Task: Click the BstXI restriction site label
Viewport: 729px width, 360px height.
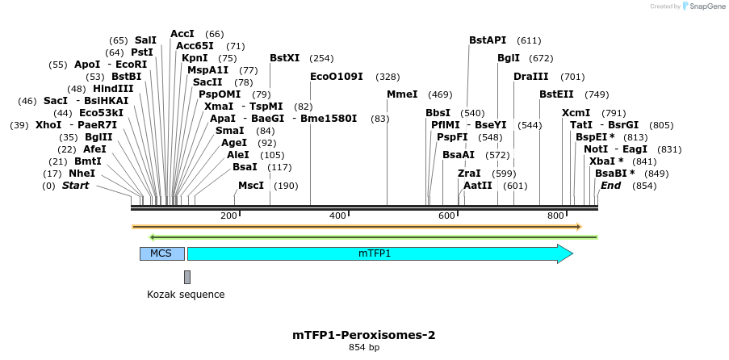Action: coord(284,58)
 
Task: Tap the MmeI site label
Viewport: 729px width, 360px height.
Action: coord(402,94)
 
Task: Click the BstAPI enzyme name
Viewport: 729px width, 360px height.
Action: coord(488,40)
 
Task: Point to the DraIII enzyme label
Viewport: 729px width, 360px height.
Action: coord(530,77)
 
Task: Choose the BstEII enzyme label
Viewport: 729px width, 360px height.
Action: coord(556,94)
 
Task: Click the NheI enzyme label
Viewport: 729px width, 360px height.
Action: coord(82,173)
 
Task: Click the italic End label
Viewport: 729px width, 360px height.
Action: coord(610,186)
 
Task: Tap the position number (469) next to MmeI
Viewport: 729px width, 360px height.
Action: coord(440,94)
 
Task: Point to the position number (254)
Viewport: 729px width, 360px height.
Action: coord(321,58)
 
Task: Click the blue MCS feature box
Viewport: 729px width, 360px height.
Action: coord(161,253)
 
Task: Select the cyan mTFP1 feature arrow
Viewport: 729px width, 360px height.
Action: coord(379,253)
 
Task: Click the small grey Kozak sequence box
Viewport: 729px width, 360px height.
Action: coord(187,277)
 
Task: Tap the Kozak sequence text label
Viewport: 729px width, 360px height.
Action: coord(186,295)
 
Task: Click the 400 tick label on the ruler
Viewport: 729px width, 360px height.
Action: coord(337,216)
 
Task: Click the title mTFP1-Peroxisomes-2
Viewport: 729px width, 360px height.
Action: coord(364,334)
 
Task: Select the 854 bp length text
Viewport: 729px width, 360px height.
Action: coord(364,348)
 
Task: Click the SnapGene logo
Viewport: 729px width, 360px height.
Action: coord(700,6)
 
